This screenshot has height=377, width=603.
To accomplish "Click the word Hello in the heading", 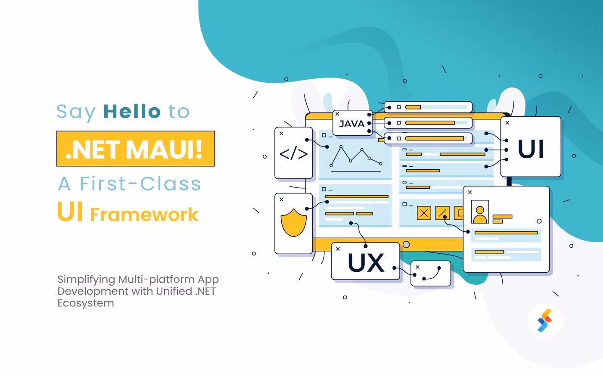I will [x=132, y=112].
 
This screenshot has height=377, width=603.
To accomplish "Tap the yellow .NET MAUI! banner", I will [x=136, y=149].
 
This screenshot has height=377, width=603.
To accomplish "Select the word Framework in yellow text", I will [x=144, y=215].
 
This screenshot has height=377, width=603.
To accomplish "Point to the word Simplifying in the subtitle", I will [x=86, y=279].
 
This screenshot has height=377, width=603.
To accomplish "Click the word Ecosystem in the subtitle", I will [x=86, y=303].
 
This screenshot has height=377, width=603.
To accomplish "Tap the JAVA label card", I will [x=352, y=124].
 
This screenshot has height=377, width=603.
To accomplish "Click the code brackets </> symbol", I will [x=294, y=154].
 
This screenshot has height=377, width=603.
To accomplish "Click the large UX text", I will [x=366, y=263].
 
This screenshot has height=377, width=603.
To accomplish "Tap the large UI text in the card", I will [x=531, y=149].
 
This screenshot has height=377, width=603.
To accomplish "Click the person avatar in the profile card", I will [x=480, y=212].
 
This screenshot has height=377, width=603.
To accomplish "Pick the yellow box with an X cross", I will [x=424, y=213].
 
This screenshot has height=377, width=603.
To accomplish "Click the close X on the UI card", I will [x=507, y=123].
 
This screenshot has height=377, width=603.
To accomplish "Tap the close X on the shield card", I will [x=281, y=199].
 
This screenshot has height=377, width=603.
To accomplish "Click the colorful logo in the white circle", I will [x=544, y=321].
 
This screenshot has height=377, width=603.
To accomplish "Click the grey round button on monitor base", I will [x=406, y=245].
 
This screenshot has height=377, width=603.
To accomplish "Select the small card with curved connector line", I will [x=430, y=274].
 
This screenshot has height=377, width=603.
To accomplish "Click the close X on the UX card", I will [x=338, y=249].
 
